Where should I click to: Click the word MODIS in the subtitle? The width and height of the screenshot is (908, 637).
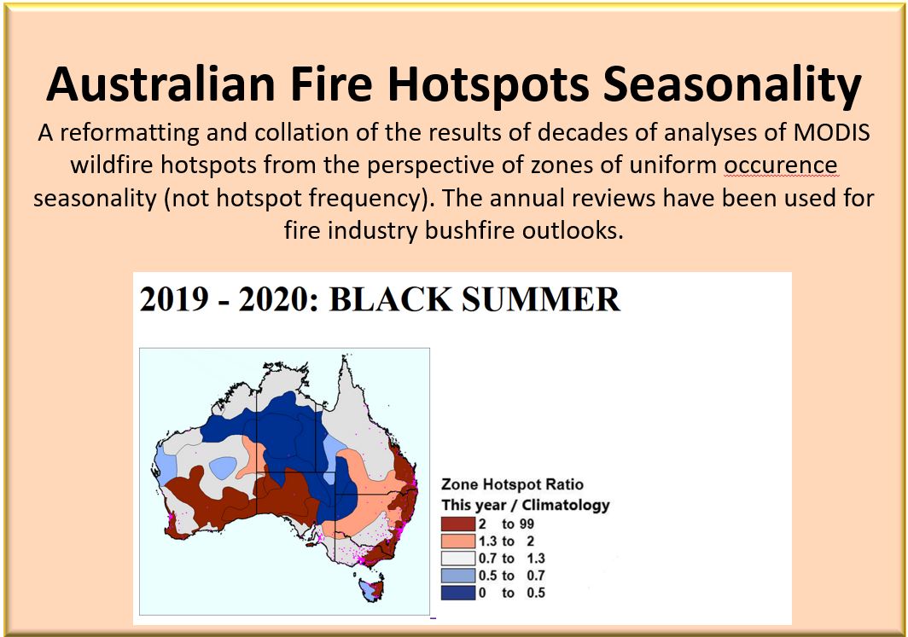pyautogui.click(x=831, y=132)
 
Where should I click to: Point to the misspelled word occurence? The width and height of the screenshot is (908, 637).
pyautogui.click(x=781, y=165)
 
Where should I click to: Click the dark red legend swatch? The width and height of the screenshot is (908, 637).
pyautogui.click(x=458, y=524)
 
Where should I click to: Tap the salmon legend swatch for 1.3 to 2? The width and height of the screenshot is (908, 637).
pyautogui.click(x=458, y=541)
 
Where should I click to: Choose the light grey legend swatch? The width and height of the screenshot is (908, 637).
pyautogui.click(x=458, y=559)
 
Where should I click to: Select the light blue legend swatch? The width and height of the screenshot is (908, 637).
pyautogui.click(x=458, y=576)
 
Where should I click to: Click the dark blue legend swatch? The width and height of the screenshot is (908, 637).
pyautogui.click(x=458, y=593)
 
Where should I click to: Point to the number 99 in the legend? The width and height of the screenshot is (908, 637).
pyautogui.click(x=527, y=524)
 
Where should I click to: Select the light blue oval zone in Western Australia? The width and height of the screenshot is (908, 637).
pyautogui.click(x=223, y=467)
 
